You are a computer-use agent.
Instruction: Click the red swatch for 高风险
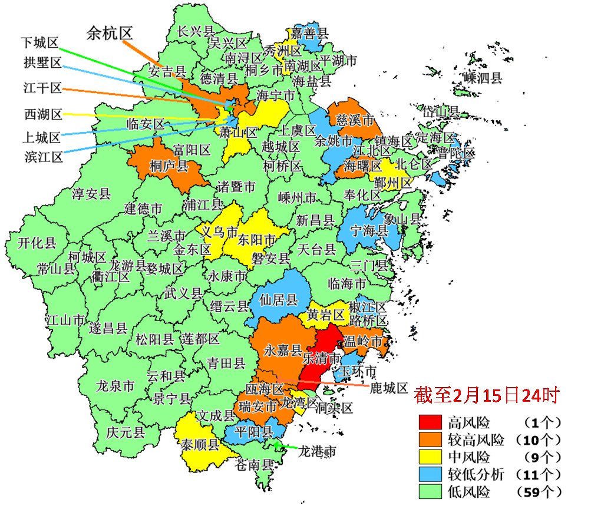[x=430, y=422]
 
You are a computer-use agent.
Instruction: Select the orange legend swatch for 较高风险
[x=430, y=439]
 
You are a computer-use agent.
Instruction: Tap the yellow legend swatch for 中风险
[x=430, y=457]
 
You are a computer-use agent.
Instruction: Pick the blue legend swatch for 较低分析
[x=430, y=474]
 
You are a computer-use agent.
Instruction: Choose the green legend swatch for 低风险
[x=430, y=491]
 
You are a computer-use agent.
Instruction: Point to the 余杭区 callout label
[x=109, y=34]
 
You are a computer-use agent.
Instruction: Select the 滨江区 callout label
[x=43, y=157]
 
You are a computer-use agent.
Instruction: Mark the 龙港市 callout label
[x=317, y=451]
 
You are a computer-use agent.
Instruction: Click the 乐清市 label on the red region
[x=321, y=358]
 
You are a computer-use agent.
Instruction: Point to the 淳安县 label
[x=91, y=194]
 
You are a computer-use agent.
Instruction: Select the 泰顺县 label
[x=200, y=444]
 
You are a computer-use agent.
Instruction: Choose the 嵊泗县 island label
[x=483, y=77]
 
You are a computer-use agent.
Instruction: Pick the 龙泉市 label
[x=115, y=386]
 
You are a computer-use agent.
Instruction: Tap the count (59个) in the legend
[x=539, y=491]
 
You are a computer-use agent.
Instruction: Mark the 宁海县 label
[x=369, y=230]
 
